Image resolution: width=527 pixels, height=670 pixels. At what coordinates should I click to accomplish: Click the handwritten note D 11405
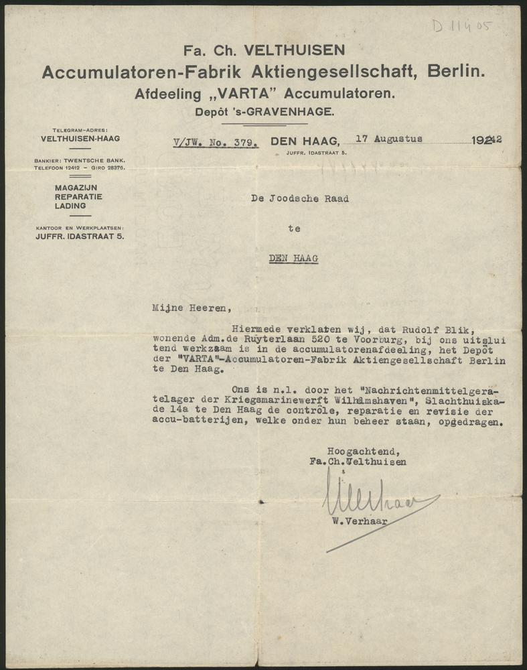461,27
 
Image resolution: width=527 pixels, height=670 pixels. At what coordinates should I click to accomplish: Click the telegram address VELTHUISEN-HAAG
80,139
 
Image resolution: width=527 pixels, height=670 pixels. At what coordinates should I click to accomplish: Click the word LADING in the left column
70,206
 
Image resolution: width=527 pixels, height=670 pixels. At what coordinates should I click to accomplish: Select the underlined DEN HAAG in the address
293,258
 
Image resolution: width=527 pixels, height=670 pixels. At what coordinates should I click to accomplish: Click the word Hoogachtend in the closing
354,450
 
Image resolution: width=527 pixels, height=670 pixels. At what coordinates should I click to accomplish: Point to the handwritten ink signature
375,499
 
